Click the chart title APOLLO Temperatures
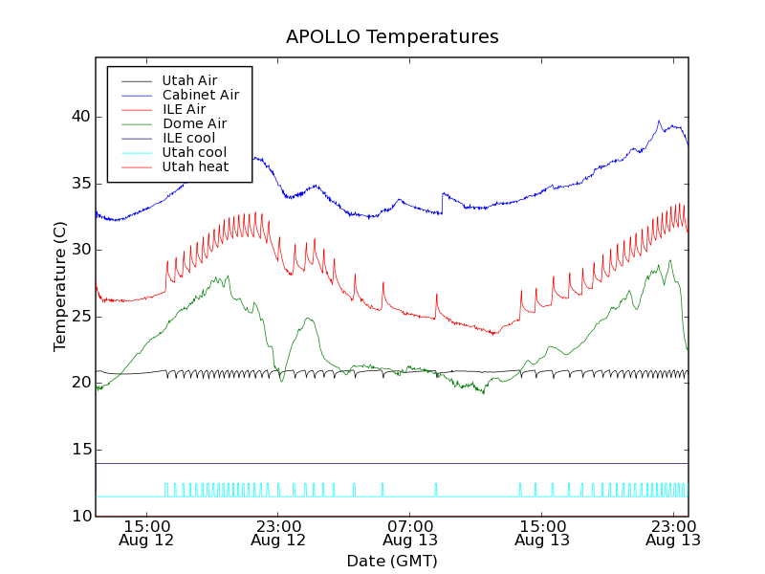392,37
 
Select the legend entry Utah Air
189,80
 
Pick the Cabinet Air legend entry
200,95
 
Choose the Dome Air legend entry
194,123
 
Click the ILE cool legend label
188,138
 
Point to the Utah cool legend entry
194,152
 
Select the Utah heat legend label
195,166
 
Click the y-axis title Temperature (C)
60,287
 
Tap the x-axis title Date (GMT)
392,561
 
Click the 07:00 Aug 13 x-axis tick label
410,532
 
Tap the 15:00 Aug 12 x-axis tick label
146,532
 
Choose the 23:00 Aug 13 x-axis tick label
674,532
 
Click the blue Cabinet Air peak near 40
659,121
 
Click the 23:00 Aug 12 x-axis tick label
278,532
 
